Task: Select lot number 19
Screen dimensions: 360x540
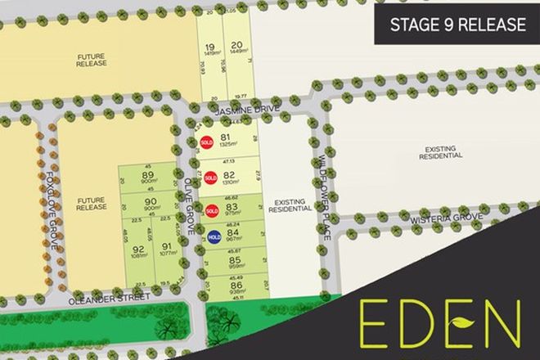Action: (210, 47)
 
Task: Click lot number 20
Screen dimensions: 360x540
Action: (237, 45)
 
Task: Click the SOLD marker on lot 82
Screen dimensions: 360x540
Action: (210, 178)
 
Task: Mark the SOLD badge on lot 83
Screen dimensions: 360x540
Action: (211, 211)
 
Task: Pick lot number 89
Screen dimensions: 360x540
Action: (148, 175)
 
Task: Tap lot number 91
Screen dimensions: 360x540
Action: (166, 248)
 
